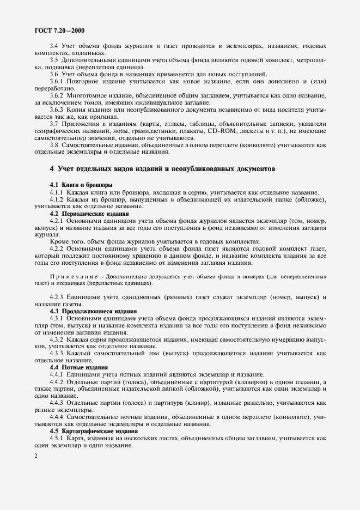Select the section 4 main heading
coord(162,169)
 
